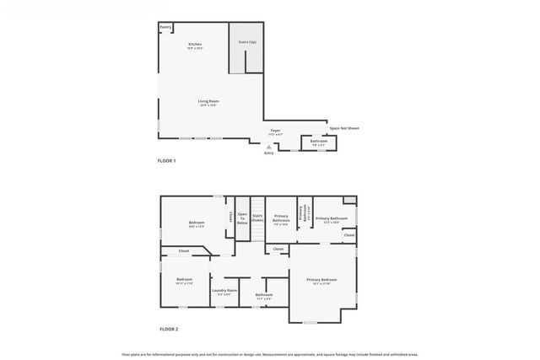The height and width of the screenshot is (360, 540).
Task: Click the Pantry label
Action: click(165, 28)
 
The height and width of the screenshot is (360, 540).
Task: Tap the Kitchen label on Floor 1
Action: click(195, 45)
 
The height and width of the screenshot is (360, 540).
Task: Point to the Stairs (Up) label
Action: click(247, 40)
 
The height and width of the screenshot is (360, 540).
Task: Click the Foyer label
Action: click(275, 131)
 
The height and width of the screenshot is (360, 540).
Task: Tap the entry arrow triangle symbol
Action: click(269, 146)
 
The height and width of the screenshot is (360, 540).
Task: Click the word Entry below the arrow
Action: click(269, 153)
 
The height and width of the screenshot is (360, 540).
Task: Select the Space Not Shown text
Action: click(344, 128)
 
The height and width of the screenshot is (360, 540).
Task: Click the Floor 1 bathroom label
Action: click(318, 141)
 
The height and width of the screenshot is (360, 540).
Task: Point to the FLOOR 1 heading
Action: click(166, 160)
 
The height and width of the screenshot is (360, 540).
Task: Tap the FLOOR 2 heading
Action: click(169, 329)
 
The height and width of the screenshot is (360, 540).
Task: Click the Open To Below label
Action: click(242, 218)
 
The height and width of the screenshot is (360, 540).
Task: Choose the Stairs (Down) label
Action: click(257, 218)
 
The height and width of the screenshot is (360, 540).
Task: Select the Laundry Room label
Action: click(224, 290)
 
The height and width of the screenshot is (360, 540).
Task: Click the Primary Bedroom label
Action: click(321, 279)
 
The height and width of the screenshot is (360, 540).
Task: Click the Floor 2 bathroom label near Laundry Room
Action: click(263, 294)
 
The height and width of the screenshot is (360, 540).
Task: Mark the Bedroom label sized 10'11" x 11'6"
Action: click(185, 279)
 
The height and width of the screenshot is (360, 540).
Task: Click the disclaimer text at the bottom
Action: click(269, 354)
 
